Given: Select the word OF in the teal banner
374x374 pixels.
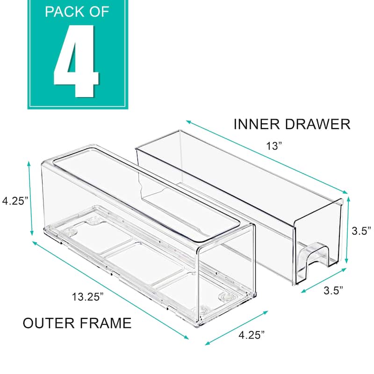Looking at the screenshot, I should (x=98, y=12).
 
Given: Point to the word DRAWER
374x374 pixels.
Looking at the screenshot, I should (x=320, y=124).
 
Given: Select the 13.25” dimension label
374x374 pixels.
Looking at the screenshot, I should (x=88, y=296).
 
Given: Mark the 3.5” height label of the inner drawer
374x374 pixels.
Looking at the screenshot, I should (x=361, y=230).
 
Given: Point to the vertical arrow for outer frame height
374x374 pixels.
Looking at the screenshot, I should (x=31, y=199).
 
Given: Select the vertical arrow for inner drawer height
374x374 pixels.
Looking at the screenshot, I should (x=347, y=230).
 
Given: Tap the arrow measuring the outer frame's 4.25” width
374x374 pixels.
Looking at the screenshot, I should (x=237, y=327).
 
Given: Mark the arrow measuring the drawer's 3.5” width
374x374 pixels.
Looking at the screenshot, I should (x=324, y=280).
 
